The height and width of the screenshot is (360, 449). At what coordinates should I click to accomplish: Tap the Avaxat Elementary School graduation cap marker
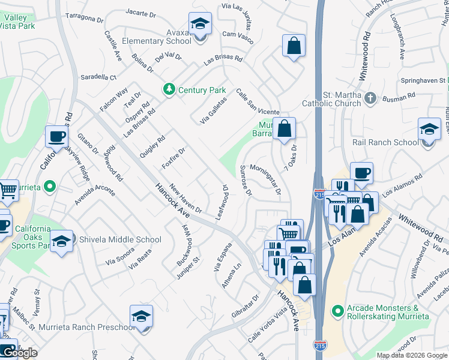pyautogui.click(x=200, y=25)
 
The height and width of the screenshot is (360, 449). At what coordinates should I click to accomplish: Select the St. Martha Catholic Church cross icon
pyautogui.click(x=371, y=97)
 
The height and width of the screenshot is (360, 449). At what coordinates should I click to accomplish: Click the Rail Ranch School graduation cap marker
pyautogui.click(x=429, y=130)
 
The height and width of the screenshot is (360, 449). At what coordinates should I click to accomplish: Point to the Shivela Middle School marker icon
pyautogui.click(x=61, y=241)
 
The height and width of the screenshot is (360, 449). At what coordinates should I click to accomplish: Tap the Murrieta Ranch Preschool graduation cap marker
pyautogui.click(x=141, y=316)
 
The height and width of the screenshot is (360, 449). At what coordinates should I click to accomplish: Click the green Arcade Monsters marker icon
pyautogui.click(x=338, y=311)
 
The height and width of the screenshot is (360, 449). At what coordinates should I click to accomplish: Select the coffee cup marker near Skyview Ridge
pyautogui.click(x=56, y=137)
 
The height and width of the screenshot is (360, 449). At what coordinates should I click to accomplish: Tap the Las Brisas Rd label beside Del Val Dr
pyautogui.click(x=223, y=60)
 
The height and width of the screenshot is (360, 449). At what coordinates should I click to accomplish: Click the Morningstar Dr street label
pyautogui.click(x=265, y=179)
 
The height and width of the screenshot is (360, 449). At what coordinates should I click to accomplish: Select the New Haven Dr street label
pyautogui.click(x=186, y=198)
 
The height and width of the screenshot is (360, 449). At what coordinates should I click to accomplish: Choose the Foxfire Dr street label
pyautogui.click(x=173, y=158)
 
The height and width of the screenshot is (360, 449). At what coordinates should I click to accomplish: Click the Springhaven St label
pyautogui.click(x=424, y=80)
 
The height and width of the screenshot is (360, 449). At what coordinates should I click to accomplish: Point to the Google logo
pyautogui.click(x=21, y=353)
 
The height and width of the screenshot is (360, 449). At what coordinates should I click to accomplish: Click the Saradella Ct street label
pyautogui.click(x=98, y=77)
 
